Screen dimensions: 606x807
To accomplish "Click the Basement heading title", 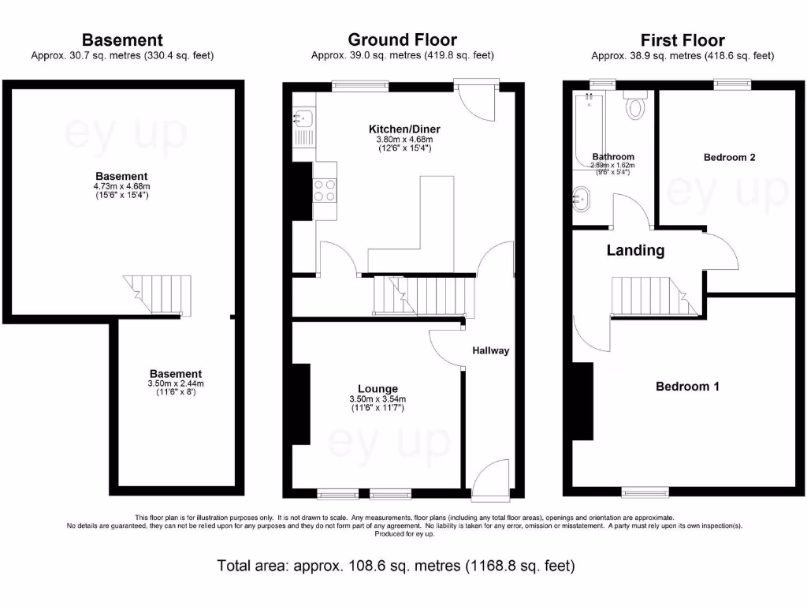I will tap(122, 39).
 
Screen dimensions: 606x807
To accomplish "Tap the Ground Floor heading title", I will tap(402, 39).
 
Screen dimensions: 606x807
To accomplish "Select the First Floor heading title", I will tap(682, 39).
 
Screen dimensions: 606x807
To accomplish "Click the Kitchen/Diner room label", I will tap(404, 129).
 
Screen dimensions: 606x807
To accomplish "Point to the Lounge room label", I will tap(377, 388).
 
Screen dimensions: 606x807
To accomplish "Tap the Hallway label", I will tap(491, 350).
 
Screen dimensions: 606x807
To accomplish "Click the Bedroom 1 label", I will tap(687, 387).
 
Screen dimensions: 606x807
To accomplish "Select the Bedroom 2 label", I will tap(729, 157).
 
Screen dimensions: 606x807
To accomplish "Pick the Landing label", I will tap(635, 251).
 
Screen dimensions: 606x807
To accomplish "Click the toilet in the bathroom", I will tap(635, 106).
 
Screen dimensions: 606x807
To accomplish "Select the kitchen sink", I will tap(304, 119).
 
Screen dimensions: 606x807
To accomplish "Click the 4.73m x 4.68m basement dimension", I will tap(121, 186).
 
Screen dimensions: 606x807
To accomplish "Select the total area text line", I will tap(396, 566).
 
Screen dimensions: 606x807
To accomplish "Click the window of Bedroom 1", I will tap(645, 492).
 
